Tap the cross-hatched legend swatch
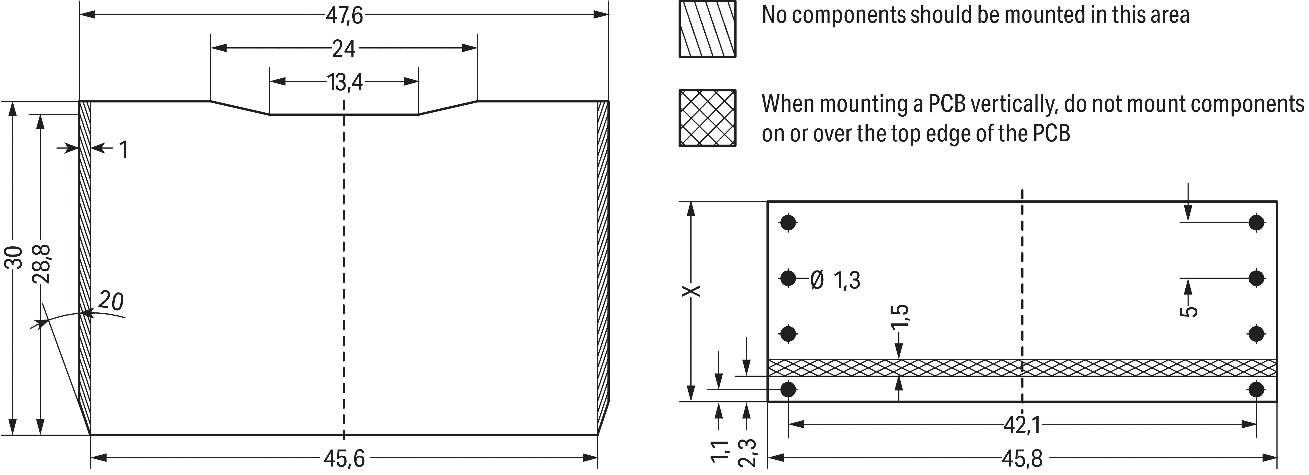[x=707, y=118]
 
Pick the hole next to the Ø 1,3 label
[x=788, y=278]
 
